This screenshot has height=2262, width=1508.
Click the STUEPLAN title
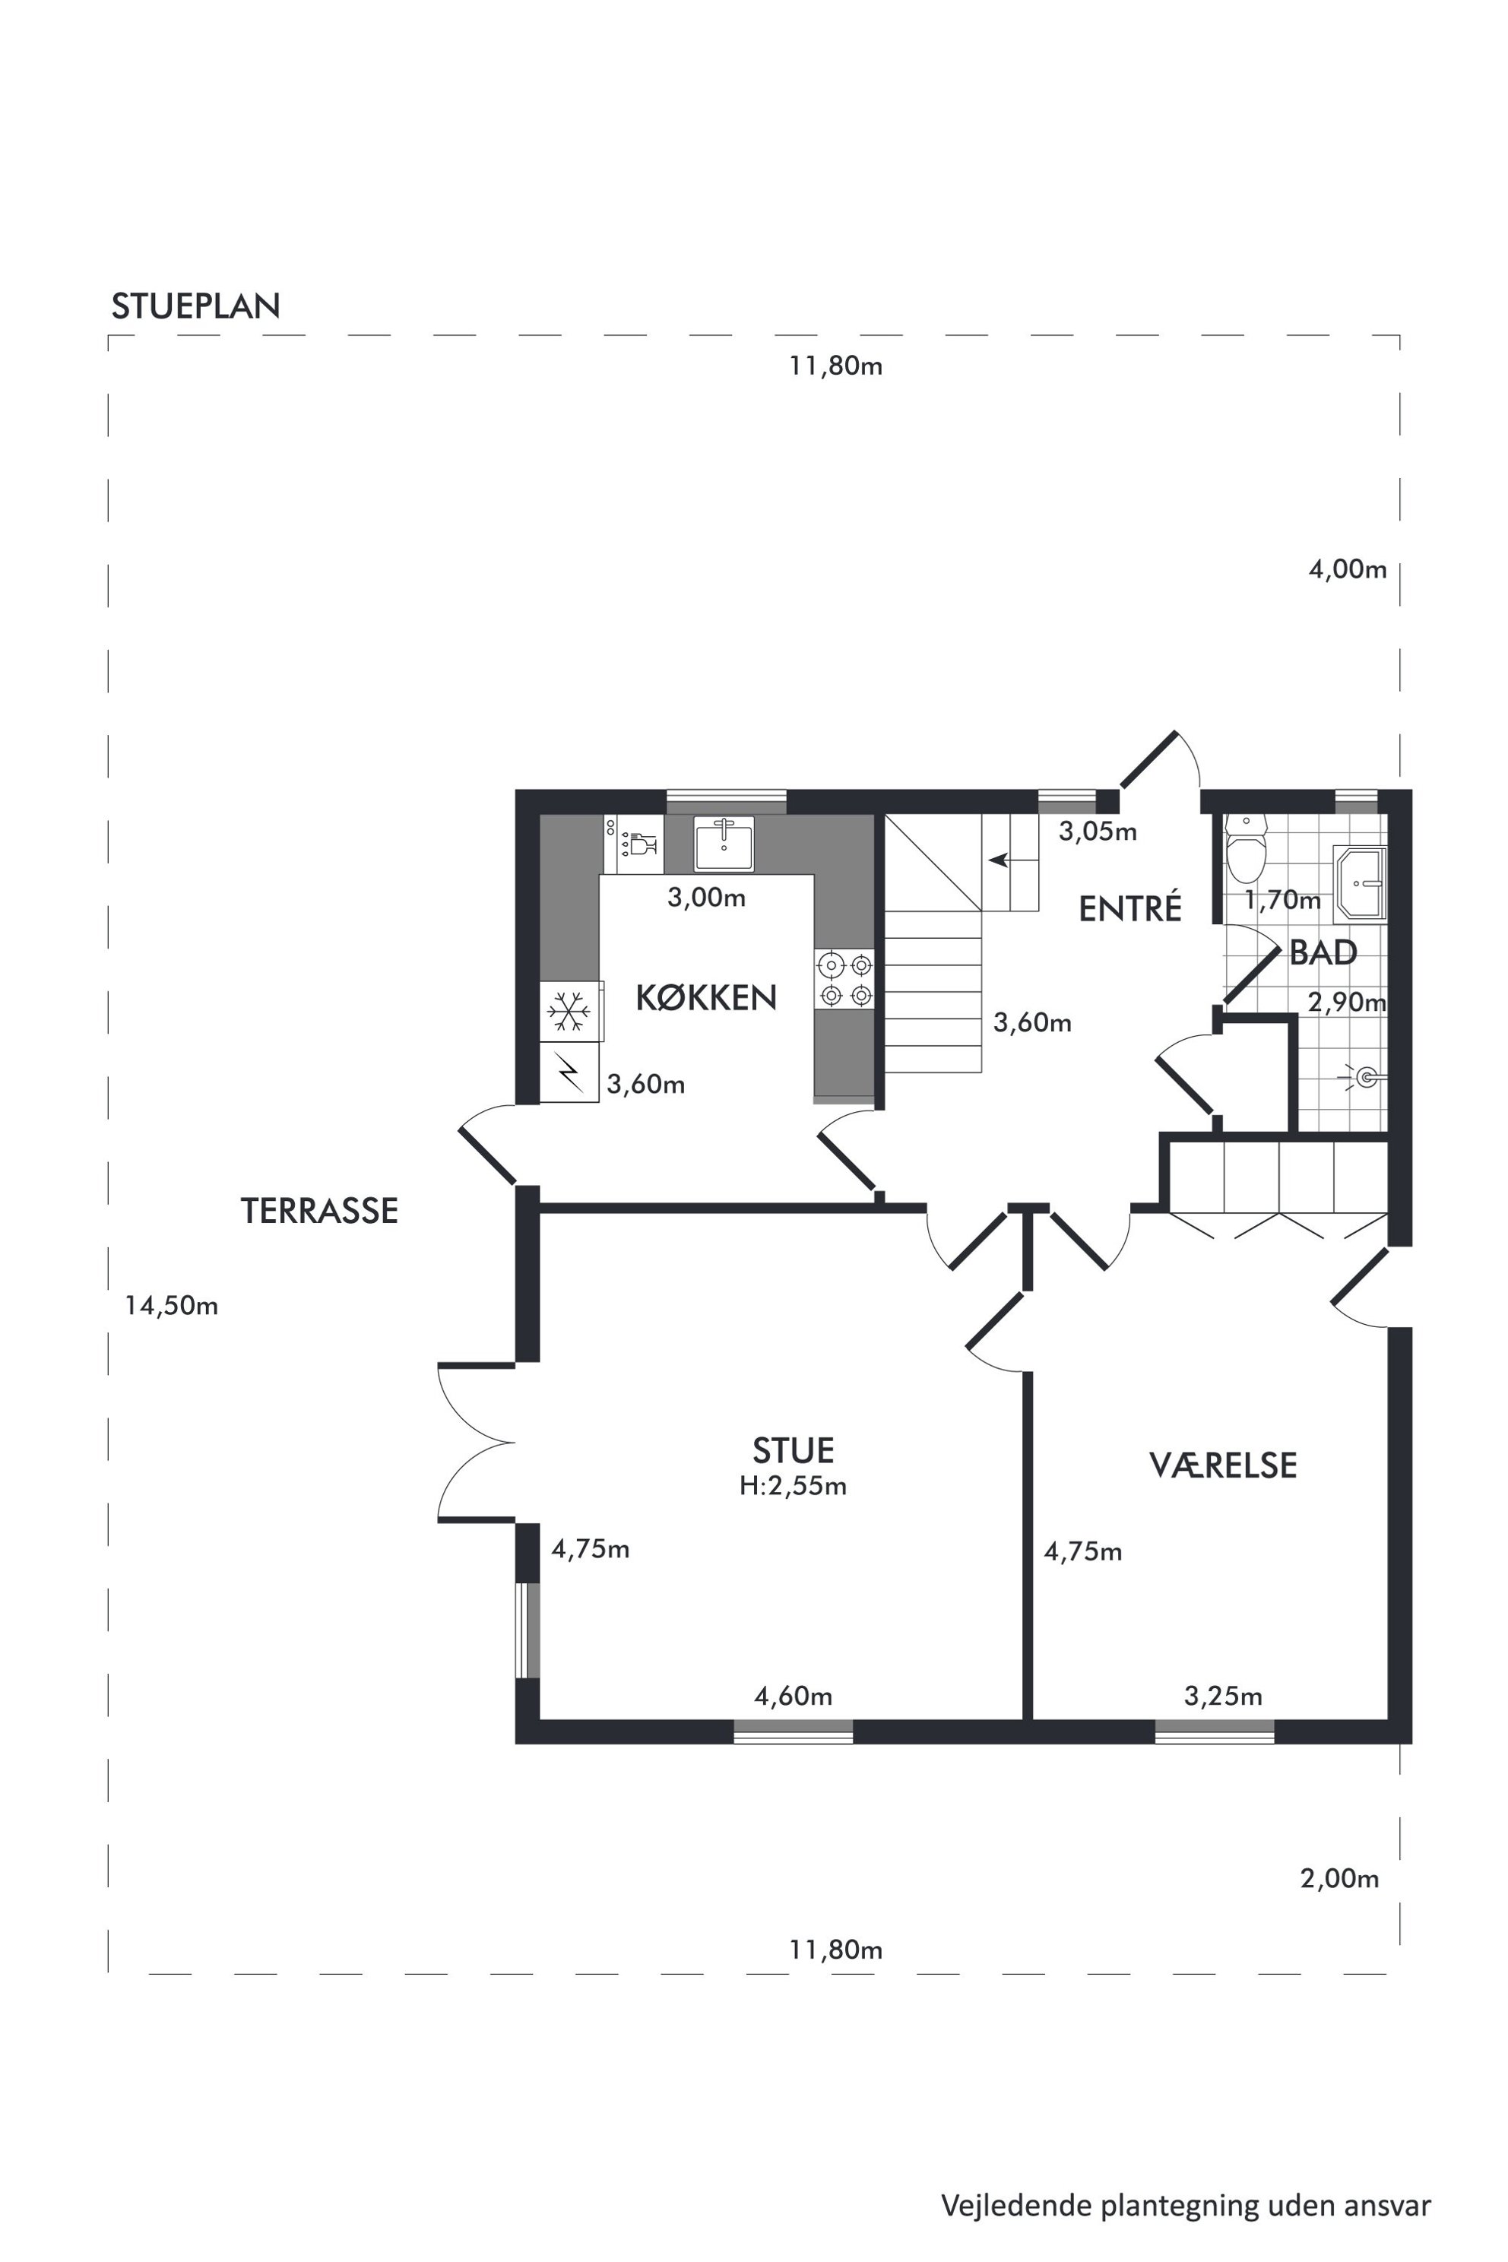click(x=196, y=306)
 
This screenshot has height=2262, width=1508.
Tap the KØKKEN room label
click(x=706, y=997)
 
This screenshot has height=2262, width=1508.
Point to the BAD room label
click(x=1323, y=952)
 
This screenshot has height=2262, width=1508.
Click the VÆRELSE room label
click(x=1223, y=1465)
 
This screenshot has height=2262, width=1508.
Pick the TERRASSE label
click(x=319, y=1211)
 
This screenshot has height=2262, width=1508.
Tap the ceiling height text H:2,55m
click(x=793, y=1486)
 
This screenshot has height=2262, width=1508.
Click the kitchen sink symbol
click(x=724, y=844)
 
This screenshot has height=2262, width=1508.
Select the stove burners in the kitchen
click(x=845, y=979)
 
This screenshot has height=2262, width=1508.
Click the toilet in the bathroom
click(x=1247, y=849)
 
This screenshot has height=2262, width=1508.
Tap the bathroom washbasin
click(x=1361, y=883)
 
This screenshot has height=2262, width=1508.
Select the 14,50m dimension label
click(x=171, y=1305)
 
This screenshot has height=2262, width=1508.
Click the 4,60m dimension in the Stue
click(x=793, y=1696)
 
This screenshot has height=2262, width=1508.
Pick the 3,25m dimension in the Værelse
click(x=1222, y=1696)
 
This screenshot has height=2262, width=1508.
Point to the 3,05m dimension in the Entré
click(x=1098, y=831)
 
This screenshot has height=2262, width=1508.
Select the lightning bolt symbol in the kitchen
click(x=569, y=1073)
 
